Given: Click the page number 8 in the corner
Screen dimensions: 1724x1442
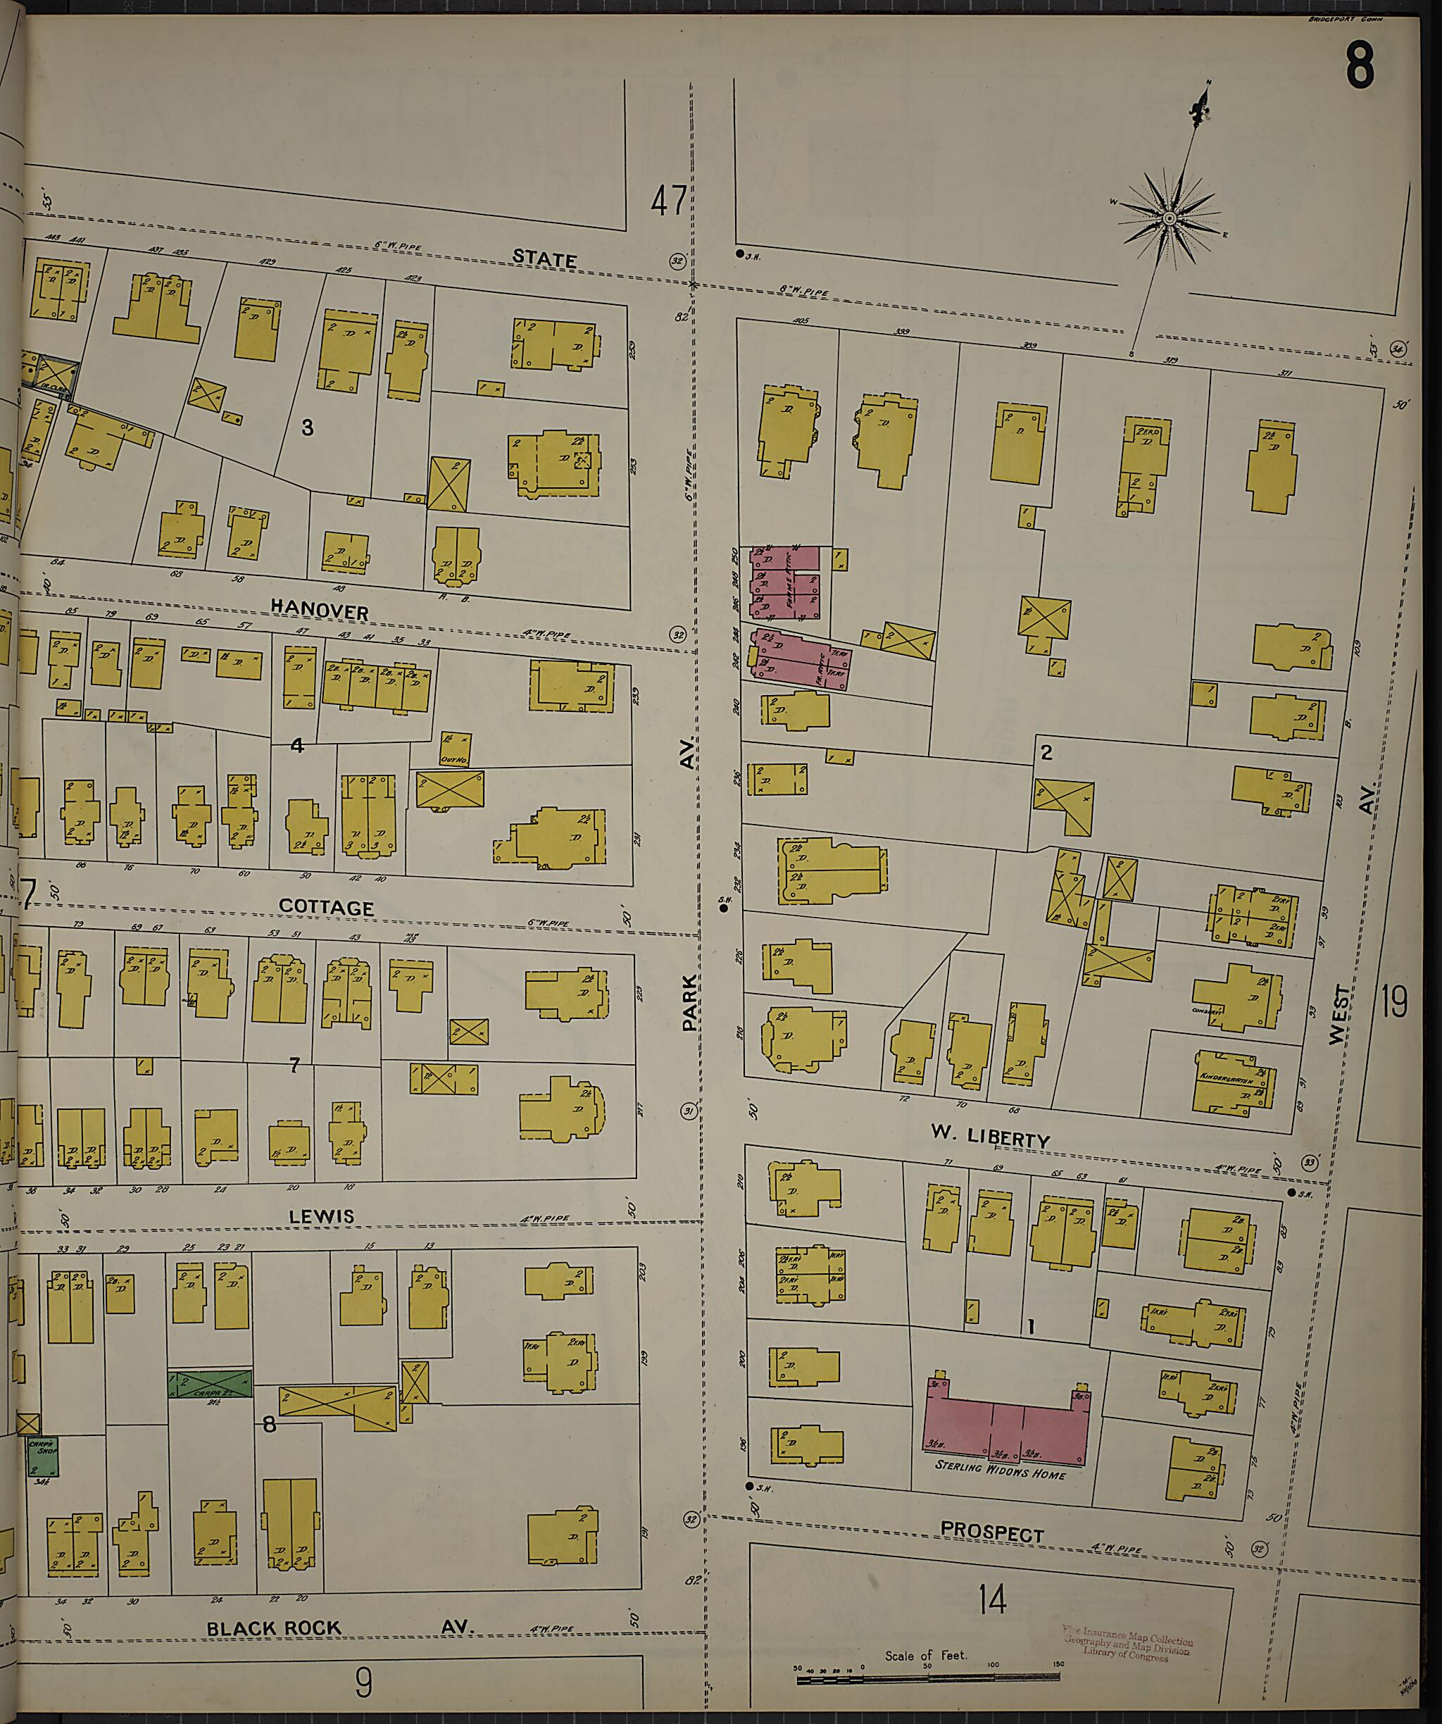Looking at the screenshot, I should coord(1360,65).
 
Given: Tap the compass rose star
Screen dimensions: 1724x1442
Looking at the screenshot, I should coord(1169,218).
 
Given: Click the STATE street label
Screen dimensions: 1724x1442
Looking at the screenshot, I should coord(544,258).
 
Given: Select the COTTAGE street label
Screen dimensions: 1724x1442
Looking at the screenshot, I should coord(326,907).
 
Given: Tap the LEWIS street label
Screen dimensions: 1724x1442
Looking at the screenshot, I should coord(321,1216).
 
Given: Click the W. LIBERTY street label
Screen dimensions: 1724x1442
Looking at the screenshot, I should coord(990,1137).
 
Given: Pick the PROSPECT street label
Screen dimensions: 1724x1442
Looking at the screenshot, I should coord(991,1532).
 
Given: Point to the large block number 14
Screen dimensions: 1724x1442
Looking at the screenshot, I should coord(991,1599).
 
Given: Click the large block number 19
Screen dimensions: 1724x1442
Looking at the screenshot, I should coord(1393,1001).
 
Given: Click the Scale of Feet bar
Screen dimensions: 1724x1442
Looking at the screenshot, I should coord(927,1680).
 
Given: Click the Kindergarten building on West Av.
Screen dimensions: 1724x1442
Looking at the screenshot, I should coord(1233,1082).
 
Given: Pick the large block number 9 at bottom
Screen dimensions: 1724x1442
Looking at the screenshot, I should coord(363,1683).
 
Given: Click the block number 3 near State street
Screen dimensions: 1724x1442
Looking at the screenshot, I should coord(307,427).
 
